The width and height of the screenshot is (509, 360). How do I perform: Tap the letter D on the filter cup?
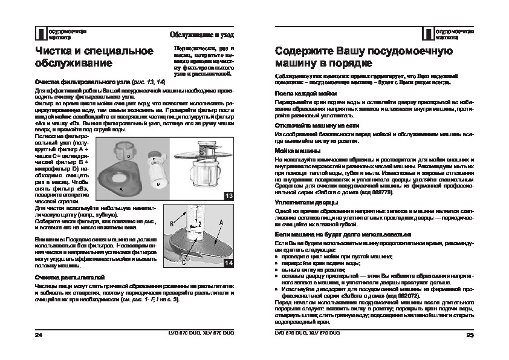(129, 156)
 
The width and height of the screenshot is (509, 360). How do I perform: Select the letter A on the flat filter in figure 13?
(121, 189)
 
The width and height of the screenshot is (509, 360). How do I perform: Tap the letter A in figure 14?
(222, 223)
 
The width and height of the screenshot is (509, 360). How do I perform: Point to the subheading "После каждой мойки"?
(303, 93)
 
